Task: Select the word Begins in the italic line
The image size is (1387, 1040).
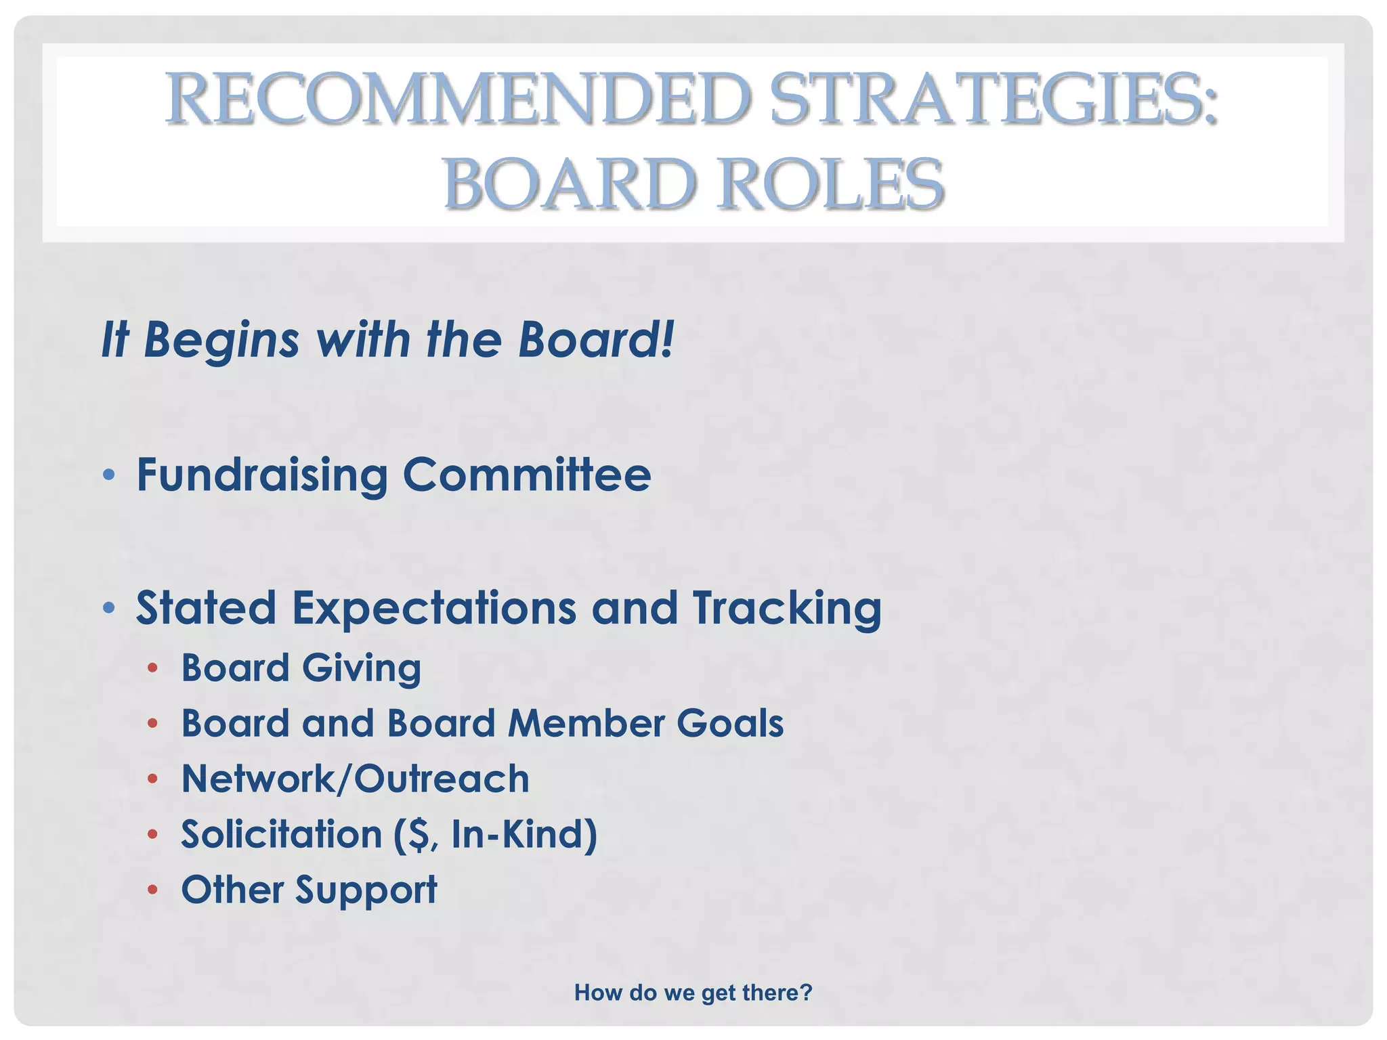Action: pos(221,340)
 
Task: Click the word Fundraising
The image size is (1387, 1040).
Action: pos(262,475)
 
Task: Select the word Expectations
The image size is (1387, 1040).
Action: pos(433,608)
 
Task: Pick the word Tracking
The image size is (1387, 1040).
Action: pos(786,608)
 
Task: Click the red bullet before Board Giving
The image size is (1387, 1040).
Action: pos(153,669)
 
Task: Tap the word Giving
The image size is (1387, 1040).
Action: pos(361,669)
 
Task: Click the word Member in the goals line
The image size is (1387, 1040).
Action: pos(586,723)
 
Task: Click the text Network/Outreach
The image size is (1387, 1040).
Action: pos(355,779)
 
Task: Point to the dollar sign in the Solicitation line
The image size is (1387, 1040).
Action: pos(417,834)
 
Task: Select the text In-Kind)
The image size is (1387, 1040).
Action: pos(524,834)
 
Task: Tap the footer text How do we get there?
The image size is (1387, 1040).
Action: pos(693,993)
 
